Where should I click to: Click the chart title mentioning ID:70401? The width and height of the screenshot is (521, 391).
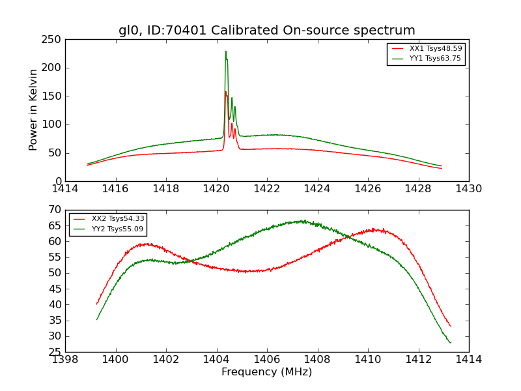pyautogui.click(x=266, y=31)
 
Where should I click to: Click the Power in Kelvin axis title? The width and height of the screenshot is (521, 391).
pyautogui.click(x=34, y=109)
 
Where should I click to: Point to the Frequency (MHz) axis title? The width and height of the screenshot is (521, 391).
pyautogui.click(x=266, y=372)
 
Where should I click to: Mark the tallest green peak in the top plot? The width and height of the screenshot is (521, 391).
pyautogui.click(x=226, y=51)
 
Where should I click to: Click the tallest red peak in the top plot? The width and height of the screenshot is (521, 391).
pyautogui.click(x=225, y=92)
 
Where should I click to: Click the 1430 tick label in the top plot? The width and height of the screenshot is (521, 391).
pyautogui.click(x=468, y=188)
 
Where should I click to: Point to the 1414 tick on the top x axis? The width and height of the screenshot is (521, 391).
pyautogui.click(x=65, y=188)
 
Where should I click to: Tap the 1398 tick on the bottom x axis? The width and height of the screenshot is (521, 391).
pyautogui.click(x=65, y=359)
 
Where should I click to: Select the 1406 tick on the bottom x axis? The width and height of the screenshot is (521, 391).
pyautogui.click(x=267, y=359)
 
